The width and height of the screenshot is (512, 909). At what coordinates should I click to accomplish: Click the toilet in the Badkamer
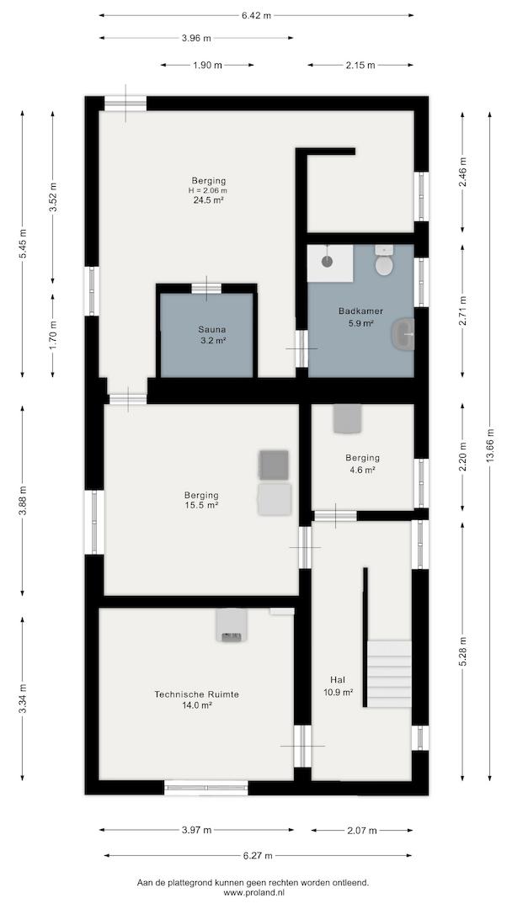point(384,261)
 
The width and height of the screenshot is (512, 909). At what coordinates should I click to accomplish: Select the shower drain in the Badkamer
point(327,262)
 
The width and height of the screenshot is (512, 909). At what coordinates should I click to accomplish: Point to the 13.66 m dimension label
point(491,445)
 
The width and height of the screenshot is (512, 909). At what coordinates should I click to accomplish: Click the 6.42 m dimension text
point(256,16)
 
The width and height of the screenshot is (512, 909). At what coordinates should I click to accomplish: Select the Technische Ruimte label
point(197,694)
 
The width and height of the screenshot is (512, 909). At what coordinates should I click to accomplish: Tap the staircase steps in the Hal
point(390,673)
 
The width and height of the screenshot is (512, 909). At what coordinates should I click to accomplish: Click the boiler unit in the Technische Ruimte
point(231,625)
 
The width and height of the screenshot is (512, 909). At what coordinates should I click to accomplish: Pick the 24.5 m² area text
point(209,200)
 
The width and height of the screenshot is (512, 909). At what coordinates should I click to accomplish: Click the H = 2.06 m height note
point(208,190)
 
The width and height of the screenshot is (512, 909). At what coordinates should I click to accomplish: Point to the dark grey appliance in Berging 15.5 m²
point(274,465)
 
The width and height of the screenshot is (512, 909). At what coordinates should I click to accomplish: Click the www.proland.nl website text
point(253,893)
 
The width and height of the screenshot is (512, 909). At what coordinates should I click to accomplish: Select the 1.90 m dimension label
point(208,65)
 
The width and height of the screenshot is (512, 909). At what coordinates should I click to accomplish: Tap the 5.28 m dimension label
point(463,651)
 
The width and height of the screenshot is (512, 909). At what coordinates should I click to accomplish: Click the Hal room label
point(338,679)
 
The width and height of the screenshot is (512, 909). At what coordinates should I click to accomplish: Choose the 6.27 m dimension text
point(258,855)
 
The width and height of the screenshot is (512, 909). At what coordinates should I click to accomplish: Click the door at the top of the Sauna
point(206,288)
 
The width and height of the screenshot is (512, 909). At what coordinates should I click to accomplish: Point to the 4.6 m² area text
point(363,470)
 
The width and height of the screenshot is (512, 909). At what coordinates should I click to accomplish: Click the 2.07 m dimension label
point(362,830)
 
